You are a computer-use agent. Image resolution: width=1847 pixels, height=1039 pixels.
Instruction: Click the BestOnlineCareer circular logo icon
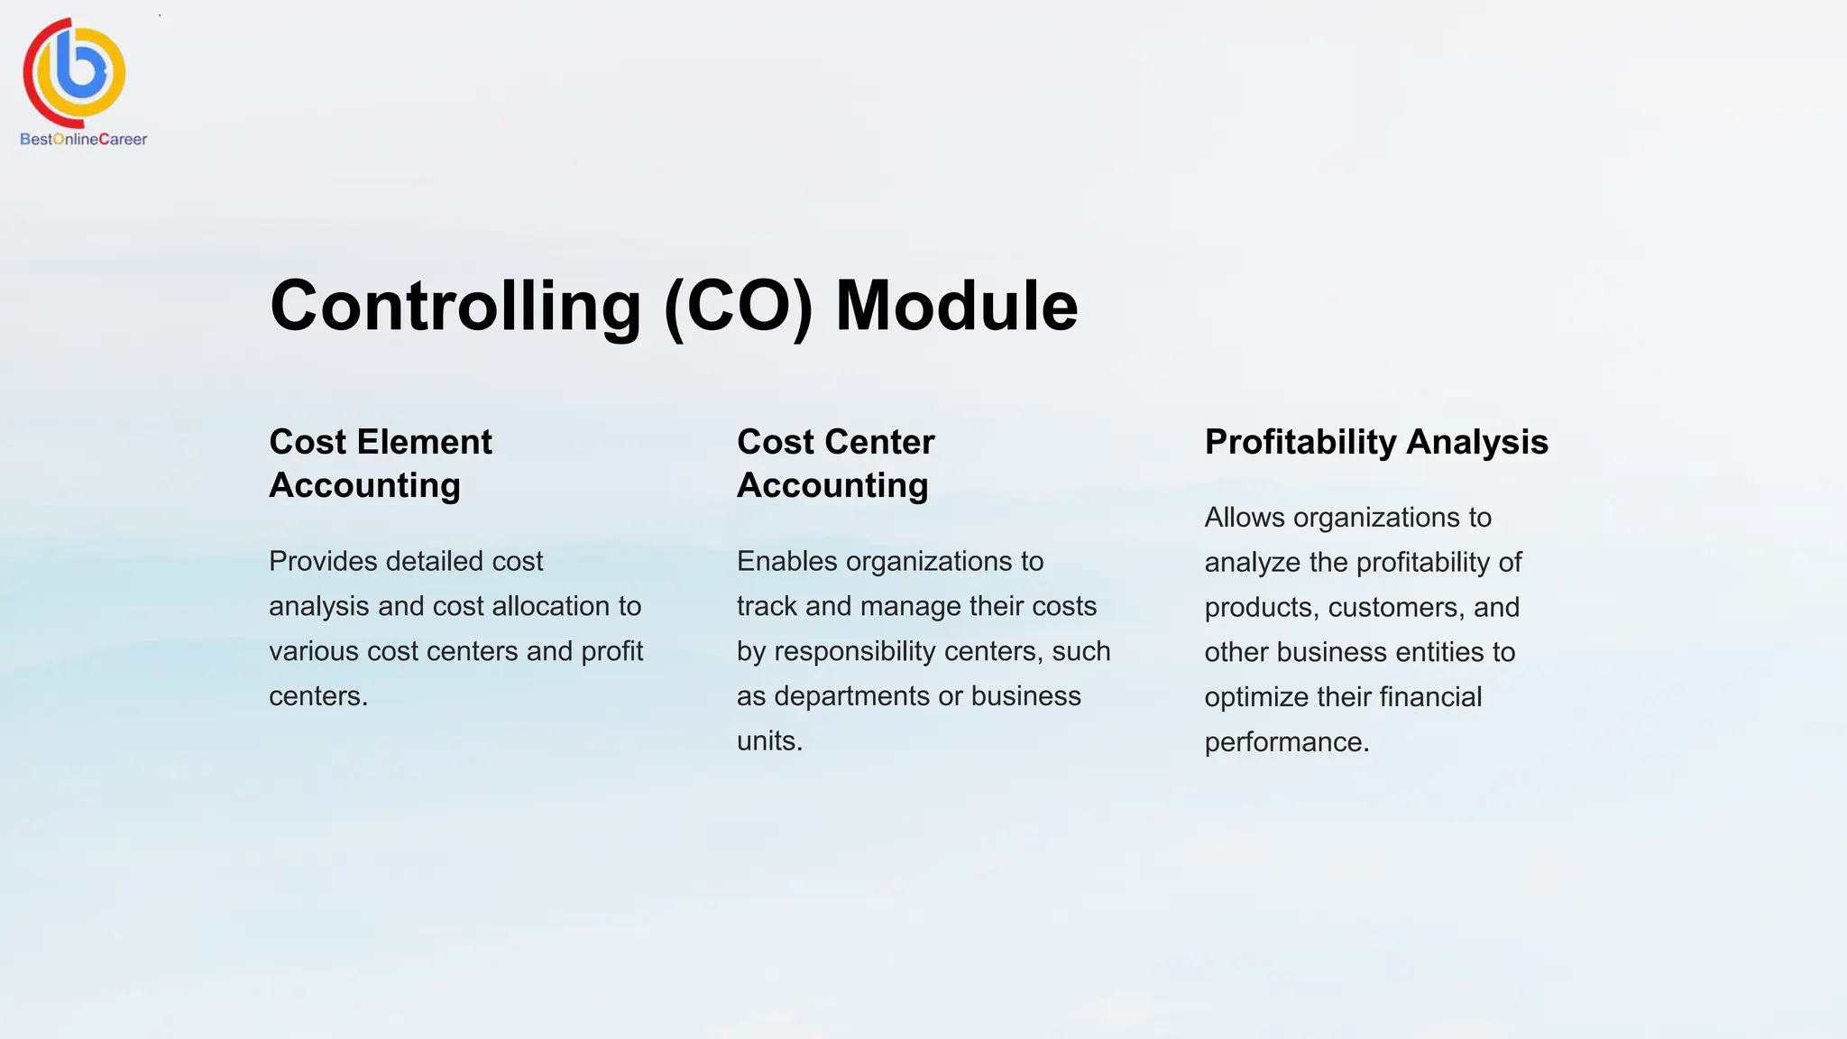coord(75,72)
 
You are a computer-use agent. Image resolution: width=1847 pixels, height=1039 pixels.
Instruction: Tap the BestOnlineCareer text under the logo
coord(83,140)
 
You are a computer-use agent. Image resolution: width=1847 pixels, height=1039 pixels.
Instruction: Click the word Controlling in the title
coord(455,307)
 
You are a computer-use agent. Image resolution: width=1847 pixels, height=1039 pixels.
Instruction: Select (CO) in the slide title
coord(739,307)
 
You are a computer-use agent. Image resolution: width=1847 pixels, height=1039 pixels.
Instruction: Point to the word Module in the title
coord(957,307)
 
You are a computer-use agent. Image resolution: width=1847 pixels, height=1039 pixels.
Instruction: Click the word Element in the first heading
coord(424,442)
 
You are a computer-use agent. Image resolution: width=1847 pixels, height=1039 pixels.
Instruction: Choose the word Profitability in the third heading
coord(1300,442)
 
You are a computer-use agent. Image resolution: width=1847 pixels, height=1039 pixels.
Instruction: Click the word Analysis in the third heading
coord(1477,442)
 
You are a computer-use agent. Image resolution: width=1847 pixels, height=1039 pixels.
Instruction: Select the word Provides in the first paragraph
coord(323,562)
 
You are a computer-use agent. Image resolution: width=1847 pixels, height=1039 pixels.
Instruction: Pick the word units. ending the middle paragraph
coord(769,741)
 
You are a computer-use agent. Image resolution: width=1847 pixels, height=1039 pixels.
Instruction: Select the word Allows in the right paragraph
coord(1245,518)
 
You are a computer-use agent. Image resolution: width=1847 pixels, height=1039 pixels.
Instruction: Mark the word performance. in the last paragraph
coord(1287,742)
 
